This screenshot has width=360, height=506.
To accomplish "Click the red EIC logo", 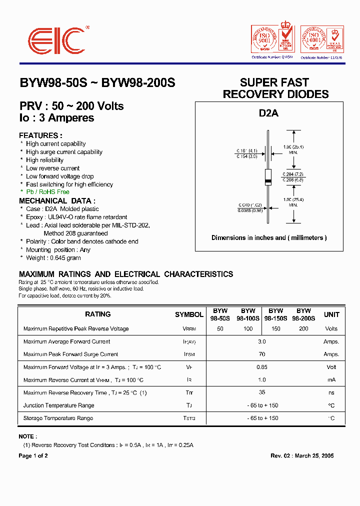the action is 56,41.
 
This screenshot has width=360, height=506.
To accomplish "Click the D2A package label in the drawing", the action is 268,113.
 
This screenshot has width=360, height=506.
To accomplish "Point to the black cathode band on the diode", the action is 268,180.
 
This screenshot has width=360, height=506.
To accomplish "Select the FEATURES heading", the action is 40,135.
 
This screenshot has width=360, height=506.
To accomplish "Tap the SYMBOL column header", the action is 189,314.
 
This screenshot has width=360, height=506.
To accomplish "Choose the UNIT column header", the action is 331,314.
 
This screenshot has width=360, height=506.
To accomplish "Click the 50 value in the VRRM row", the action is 220,329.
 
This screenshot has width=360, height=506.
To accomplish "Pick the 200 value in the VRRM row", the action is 303,329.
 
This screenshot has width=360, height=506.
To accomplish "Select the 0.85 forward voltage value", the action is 262,367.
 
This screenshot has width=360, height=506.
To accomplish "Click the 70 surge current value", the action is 262,354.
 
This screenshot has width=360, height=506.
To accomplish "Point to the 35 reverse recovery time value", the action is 262,392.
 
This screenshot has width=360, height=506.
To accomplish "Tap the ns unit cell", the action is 331,393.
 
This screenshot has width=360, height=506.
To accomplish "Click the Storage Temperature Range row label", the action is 58,418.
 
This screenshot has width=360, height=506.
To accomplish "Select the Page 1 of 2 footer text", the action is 33,455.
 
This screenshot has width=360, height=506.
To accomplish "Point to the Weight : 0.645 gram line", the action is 53,258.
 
